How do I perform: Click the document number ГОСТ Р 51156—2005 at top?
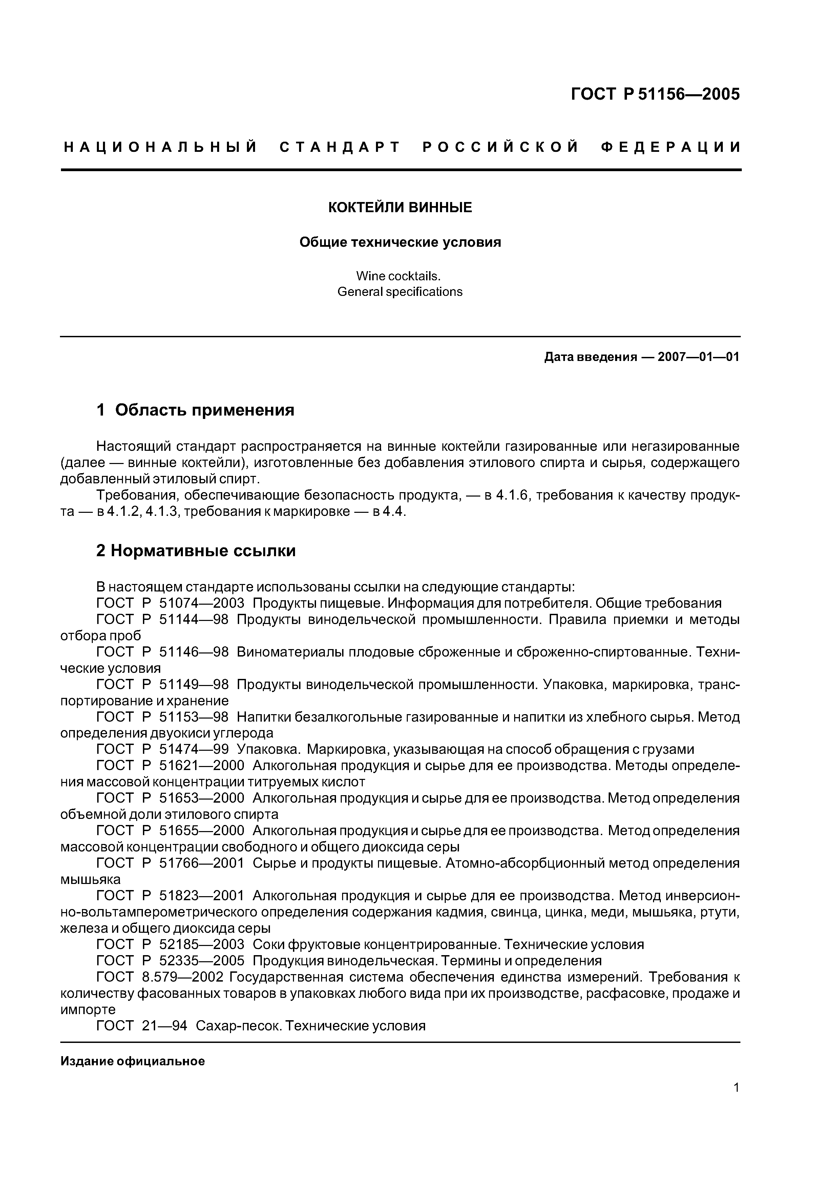click(x=655, y=94)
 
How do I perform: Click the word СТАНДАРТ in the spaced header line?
click(x=340, y=147)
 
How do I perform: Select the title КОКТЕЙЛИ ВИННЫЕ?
click(x=400, y=208)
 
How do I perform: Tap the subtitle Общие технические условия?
click(x=400, y=242)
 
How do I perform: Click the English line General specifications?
click(x=400, y=292)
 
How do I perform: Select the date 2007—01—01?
click(x=698, y=357)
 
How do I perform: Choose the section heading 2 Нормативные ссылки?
click(x=196, y=551)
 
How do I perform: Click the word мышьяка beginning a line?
click(x=90, y=880)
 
